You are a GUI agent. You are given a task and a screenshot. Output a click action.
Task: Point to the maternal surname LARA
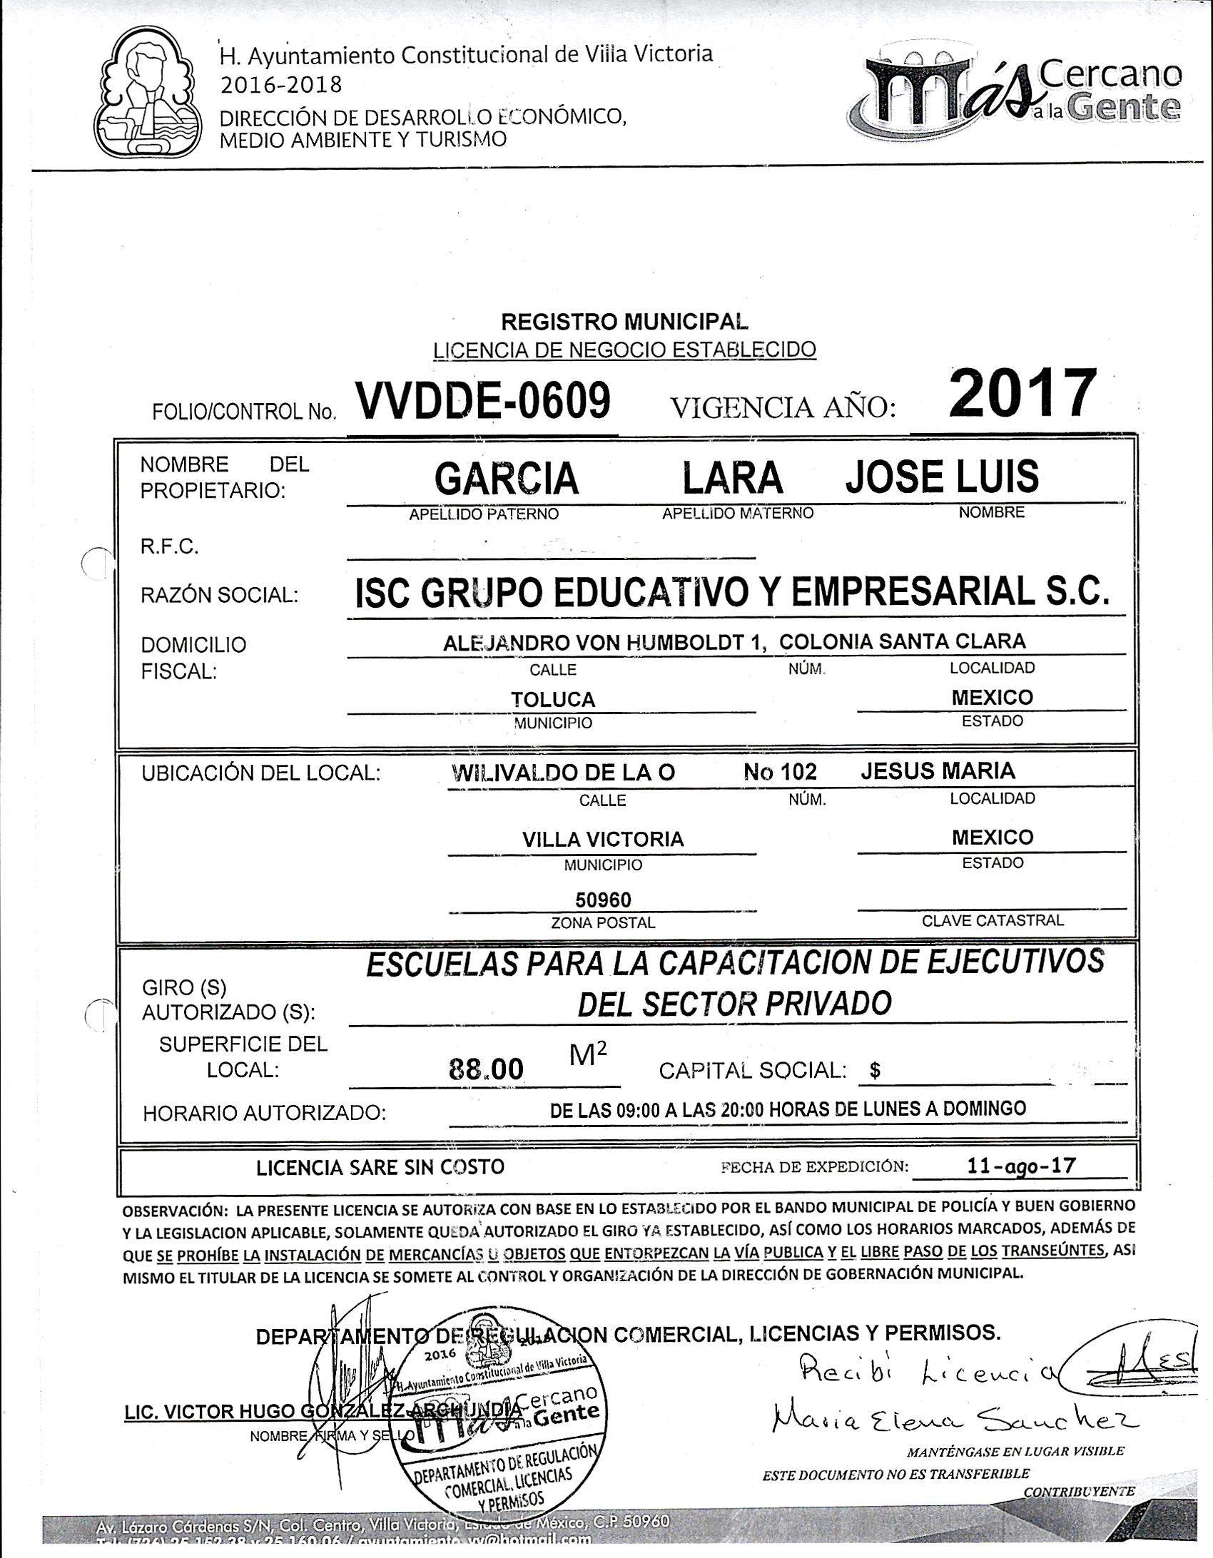tap(733, 478)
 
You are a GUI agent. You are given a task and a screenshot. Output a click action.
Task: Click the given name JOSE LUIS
tap(942, 477)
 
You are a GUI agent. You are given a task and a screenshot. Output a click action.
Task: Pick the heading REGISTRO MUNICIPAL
tap(625, 322)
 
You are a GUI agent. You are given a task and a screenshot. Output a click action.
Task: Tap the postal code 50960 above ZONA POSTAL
tap(603, 900)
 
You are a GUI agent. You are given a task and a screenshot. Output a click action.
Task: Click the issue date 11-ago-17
tap(1022, 1166)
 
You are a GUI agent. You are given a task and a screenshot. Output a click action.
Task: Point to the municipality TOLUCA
tap(552, 700)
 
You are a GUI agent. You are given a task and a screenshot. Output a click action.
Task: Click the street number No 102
tap(779, 771)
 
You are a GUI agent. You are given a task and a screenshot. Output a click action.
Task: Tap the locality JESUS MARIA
tap(938, 770)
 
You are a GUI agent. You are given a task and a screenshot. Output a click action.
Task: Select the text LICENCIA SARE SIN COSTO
tap(380, 1167)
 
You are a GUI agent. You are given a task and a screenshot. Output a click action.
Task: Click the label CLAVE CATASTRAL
tap(992, 920)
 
